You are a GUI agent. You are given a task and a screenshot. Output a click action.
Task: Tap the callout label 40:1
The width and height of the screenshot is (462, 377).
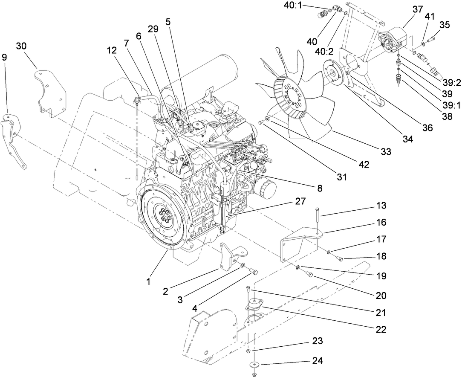[292, 5]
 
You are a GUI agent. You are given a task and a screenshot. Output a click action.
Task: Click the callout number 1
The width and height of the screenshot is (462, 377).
[148, 281]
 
